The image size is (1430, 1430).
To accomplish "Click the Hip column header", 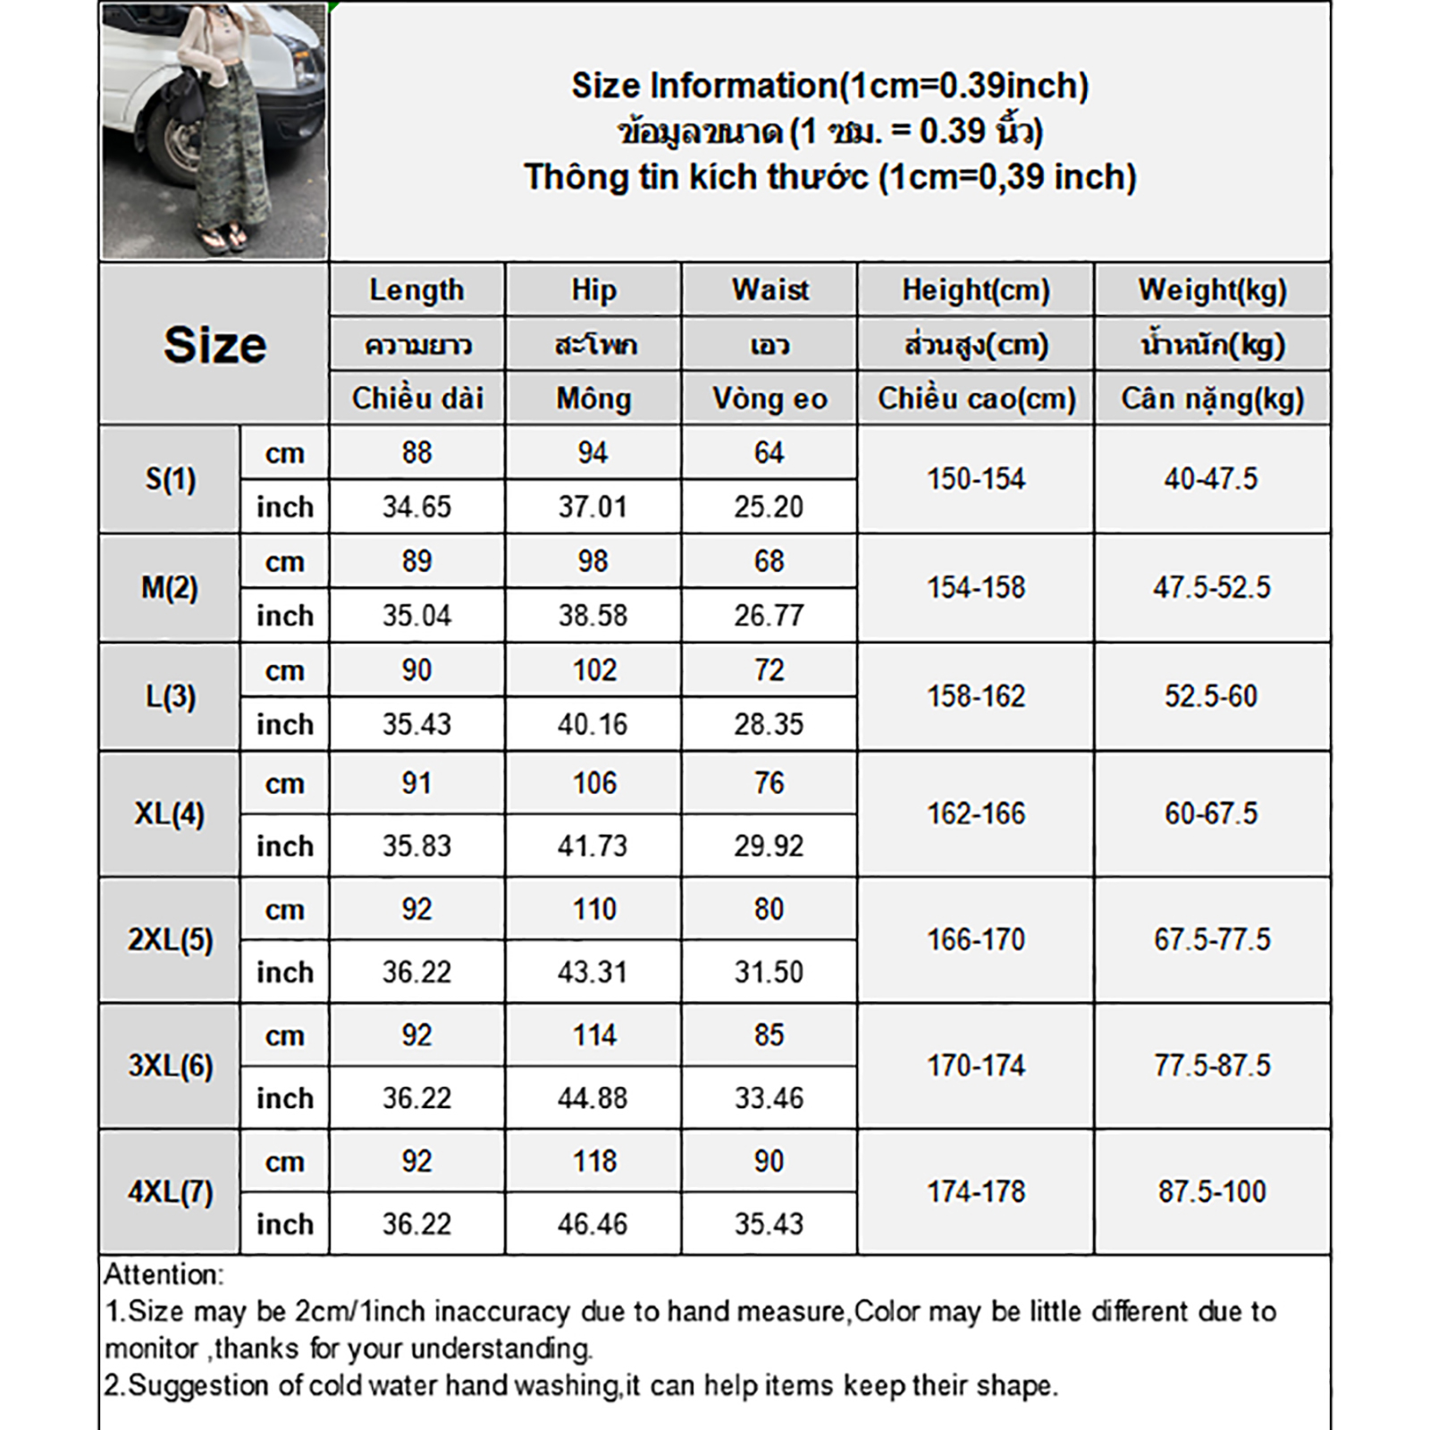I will [593, 290].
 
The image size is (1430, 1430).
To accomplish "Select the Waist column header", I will [770, 290].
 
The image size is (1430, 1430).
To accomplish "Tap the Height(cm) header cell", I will [975, 290].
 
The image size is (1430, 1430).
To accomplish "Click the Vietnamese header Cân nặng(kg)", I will [1212, 399].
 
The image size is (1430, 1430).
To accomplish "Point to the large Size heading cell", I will [214, 345].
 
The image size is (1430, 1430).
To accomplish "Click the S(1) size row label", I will [170, 480].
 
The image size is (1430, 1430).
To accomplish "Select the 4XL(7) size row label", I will [170, 1192].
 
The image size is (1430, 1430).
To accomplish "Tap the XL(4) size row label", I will [170, 814].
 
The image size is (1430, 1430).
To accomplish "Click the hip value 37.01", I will [593, 508].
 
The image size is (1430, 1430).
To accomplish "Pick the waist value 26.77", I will [769, 616].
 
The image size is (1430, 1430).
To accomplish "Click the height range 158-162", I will [975, 696].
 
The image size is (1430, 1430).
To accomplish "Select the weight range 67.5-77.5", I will [1212, 940].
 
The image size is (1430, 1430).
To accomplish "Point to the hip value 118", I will [593, 1162].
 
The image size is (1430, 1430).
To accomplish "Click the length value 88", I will [416, 453].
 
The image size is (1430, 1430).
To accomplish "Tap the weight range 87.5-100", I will [1212, 1192].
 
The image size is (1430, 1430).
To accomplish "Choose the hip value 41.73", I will [593, 846].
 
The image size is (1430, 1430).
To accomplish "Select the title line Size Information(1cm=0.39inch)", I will [829, 86].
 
